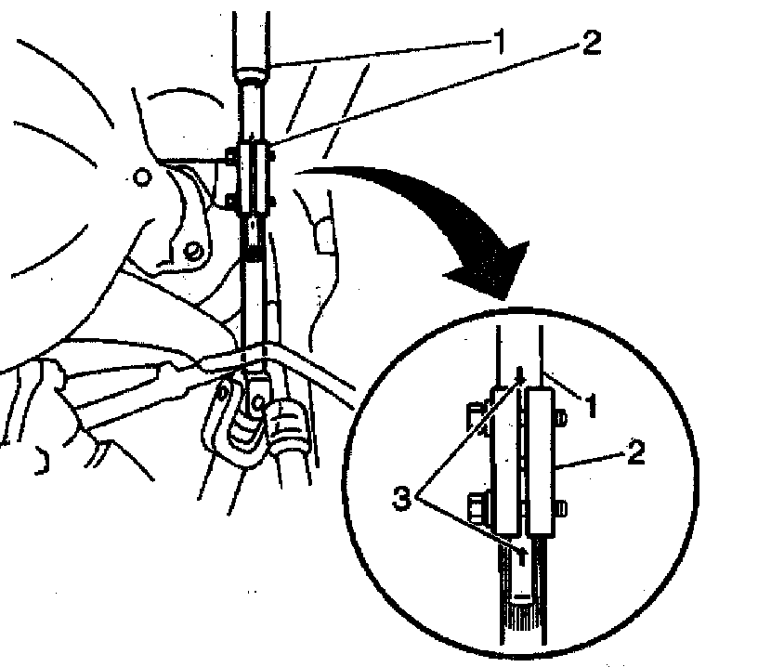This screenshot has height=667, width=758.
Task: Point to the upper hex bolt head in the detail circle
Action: pos(473,418)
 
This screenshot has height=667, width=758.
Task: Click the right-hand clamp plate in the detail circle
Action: pos(542,462)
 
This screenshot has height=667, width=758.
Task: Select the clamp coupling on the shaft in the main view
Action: pos(255,177)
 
